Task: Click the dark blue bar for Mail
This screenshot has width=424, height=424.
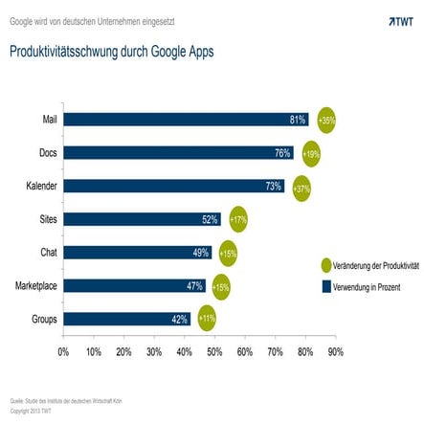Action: pyautogui.click(x=182, y=120)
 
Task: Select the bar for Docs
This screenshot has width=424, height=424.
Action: pyautogui.click(x=177, y=153)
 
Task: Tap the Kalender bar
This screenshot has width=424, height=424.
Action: pyautogui.click(x=172, y=186)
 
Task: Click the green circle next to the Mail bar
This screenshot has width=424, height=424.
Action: pyautogui.click(x=327, y=121)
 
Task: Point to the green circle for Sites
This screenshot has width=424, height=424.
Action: pyautogui.click(x=238, y=219)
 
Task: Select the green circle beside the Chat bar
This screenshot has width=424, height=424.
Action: pyautogui.click(x=228, y=253)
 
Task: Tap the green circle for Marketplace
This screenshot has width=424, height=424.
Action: pyautogui.click(x=221, y=286)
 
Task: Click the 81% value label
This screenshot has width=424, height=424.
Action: pyautogui.click(x=297, y=121)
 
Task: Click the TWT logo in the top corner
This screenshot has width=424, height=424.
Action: pyautogui.click(x=402, y=20)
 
